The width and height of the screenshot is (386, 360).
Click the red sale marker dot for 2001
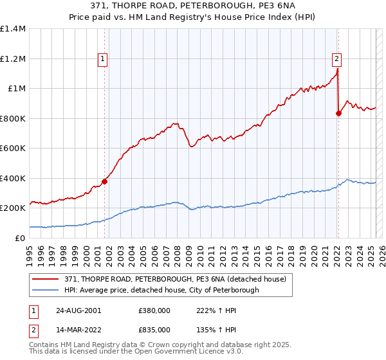click(105, 181)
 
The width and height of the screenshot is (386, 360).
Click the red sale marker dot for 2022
click(338, 114)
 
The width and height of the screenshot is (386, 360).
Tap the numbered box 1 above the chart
click(104, 59)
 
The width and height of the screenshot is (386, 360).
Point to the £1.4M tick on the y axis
click(13, 29)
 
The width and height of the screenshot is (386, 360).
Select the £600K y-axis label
click(13, 148)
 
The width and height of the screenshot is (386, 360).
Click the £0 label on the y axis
click(21, 238)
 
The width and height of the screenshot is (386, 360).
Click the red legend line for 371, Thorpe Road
click(46, 278)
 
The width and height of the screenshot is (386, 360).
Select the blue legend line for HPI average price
click(46, 290)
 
